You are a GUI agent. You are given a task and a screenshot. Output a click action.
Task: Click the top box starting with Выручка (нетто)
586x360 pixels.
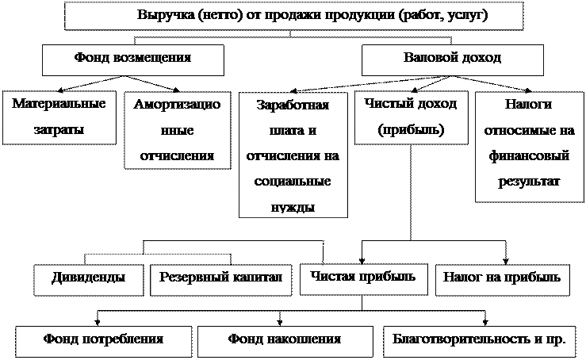click(293, 15)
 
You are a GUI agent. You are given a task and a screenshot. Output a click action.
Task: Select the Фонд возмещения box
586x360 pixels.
click(133, 59)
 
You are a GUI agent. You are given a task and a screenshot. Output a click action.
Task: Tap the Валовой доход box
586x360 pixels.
click(452, 59)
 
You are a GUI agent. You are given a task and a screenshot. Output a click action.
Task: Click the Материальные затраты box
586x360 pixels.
click(59, 117)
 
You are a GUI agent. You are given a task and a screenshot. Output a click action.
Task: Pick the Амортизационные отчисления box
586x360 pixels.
click(177, 129)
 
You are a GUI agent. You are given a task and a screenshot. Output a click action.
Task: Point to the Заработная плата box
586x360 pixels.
click(293, 155)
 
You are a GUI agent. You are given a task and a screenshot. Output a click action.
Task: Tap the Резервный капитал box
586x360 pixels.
click(220, 278)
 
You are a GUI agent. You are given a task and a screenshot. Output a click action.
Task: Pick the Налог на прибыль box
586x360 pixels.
click(502, 278)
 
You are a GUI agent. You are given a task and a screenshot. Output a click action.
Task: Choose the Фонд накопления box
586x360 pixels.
click(284, 339)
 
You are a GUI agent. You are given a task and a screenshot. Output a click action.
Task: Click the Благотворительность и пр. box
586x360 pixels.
click(478, 339)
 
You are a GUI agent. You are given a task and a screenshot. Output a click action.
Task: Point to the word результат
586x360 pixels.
click(528, 182)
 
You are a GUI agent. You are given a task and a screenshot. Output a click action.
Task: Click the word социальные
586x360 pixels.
click(293, 181)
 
